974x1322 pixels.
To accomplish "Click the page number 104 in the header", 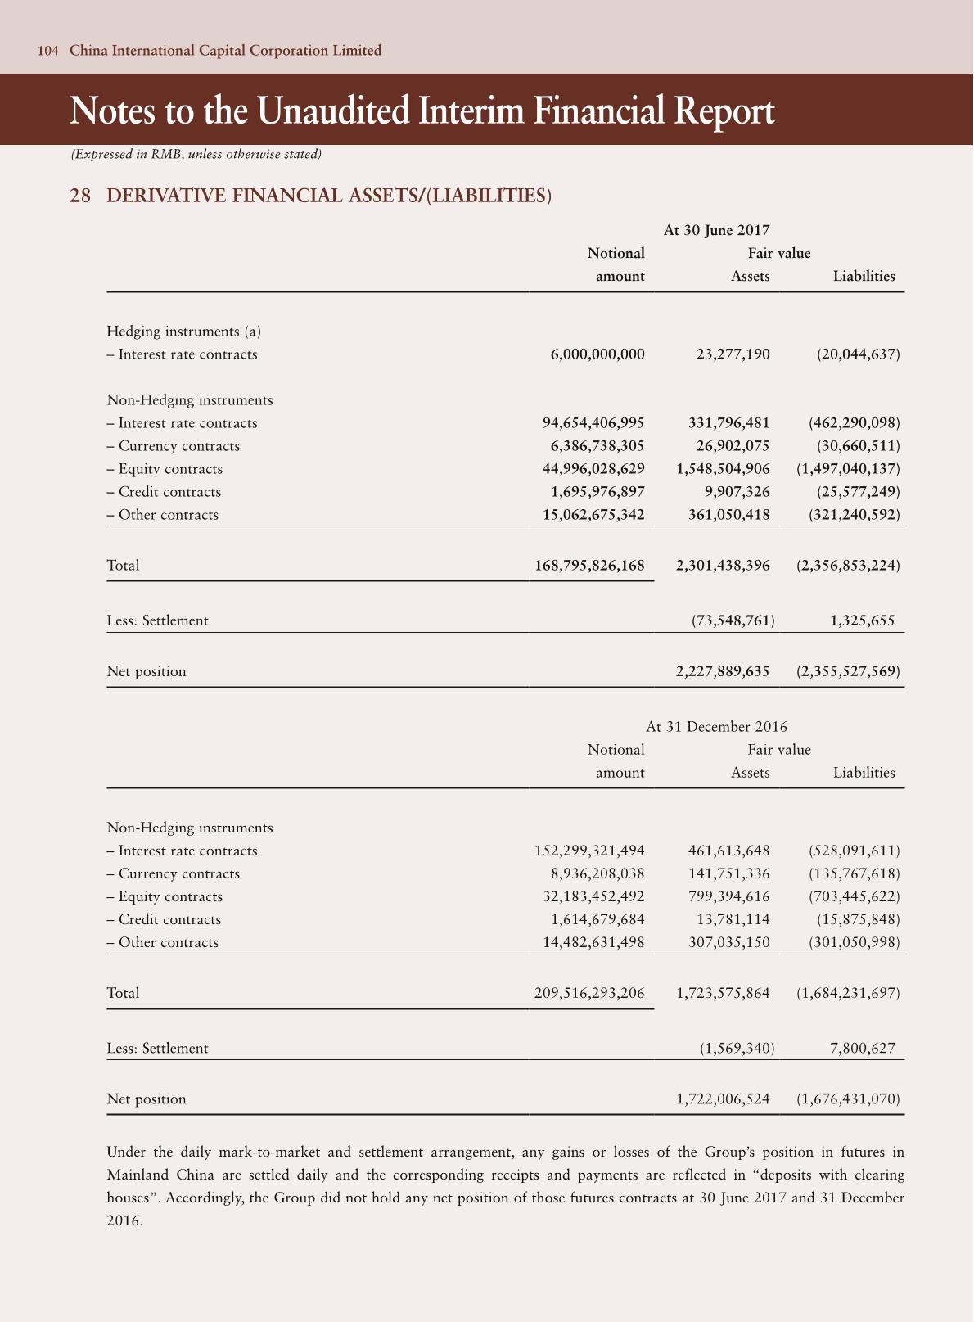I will [x=47, y=51].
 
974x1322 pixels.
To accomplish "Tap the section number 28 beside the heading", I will [x=80, y=196].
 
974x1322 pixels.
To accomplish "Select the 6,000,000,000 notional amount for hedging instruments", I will [x=597, y=354].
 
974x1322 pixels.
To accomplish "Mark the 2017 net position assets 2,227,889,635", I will [x=723, y=671].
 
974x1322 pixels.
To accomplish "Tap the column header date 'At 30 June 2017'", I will [x=716, y=231].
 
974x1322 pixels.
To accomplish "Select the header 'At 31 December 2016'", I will [x=716, y=727].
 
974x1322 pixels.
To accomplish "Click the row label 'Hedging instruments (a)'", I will [x=184, y=332].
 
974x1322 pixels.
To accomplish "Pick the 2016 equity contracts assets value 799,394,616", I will [x=724, y=896].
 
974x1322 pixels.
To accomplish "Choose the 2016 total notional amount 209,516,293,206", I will [x=589, y=993].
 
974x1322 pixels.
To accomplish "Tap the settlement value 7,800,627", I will [x=862, y=1048].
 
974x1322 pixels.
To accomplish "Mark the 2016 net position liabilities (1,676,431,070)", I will [x=848, y=1099].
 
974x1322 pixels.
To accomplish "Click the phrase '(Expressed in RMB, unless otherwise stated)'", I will [x=196, y=154].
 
